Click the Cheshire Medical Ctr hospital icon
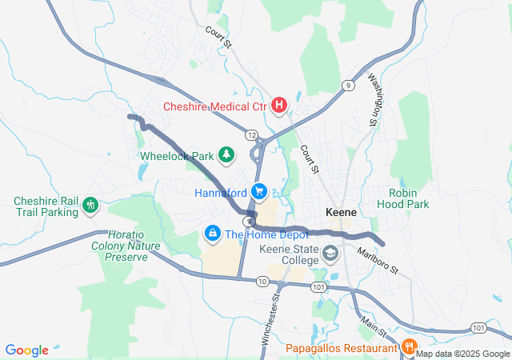click(x=279, y=106)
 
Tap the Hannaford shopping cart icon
click(x=258, y=192)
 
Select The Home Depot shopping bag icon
click(x=213, y=234)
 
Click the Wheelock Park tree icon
click(x=227, y=154)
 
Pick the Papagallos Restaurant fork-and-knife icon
click(x=408, y=347)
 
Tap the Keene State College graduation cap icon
click(x=330, y=254)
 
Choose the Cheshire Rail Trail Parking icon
click(x=90, y=206)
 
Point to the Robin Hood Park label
click(x=409, y=198)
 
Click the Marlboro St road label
click(x=377, y=260)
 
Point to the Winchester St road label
click(x=271, y=319)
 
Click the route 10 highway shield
click(x=262, y=281)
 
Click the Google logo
click(x=26, y=350)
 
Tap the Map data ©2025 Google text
click(x=462, y=354)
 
